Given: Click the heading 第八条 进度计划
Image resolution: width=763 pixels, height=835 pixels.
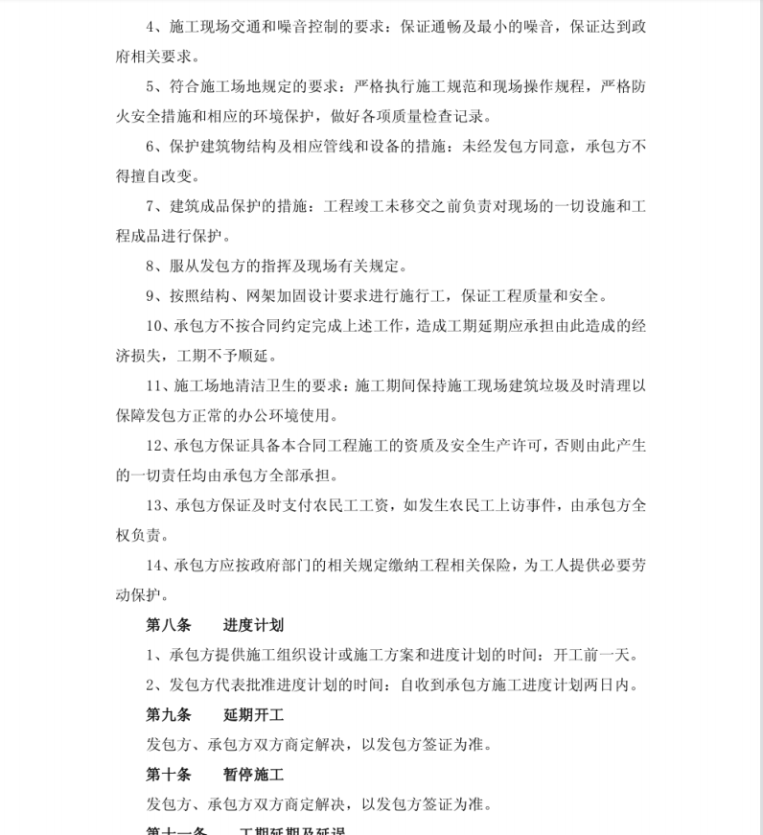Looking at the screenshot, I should (x=216, y=625).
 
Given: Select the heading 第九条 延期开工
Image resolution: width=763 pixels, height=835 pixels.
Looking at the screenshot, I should (x=216, y=714).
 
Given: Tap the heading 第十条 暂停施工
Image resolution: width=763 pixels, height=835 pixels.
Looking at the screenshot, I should (x=216, y=774).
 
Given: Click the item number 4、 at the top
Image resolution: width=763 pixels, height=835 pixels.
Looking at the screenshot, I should (x=154, y=27).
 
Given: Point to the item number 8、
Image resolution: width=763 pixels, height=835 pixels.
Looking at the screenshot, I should (x=154, y=266).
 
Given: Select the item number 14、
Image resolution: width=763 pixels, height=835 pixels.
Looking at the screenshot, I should (x=159, y=566).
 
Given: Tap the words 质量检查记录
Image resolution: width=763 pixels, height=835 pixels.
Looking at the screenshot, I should (x=450, y=117).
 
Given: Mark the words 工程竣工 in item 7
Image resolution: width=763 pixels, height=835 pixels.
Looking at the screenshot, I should (x=360, y=206).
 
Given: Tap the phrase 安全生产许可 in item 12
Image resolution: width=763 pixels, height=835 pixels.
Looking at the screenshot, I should (x=499, y=446).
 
